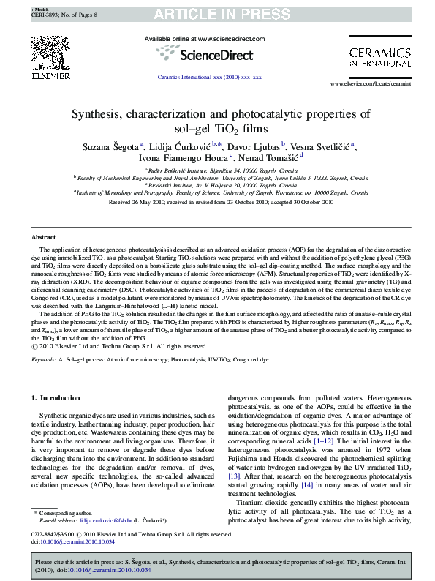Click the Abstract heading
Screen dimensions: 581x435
tap(44, 237)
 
